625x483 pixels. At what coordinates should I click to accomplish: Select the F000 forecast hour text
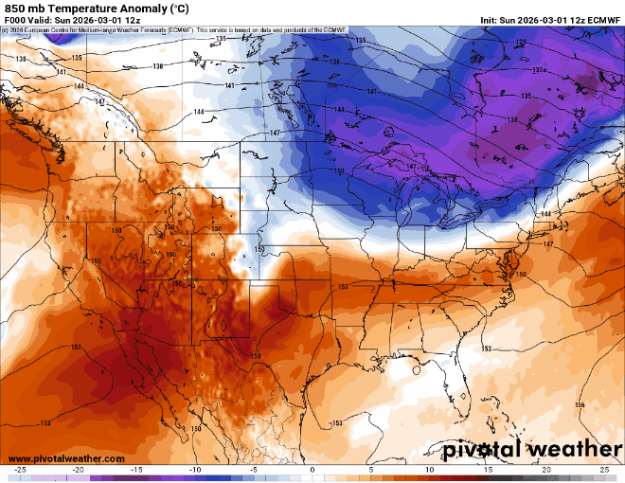click(16, 20)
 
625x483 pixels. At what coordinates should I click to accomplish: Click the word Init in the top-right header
click(490, 20)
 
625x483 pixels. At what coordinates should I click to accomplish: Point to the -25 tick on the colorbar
click(20, 470)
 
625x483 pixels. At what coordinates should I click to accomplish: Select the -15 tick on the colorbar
click(136, 470)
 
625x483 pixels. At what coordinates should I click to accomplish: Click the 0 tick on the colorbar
click(312, 470)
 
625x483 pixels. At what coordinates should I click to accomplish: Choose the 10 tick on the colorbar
click(430, 470)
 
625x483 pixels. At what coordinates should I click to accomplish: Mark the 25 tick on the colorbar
click(604, 470)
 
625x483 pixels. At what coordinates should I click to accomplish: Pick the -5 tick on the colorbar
click(254, 470)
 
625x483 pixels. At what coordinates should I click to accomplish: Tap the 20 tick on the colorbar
click(546, 470)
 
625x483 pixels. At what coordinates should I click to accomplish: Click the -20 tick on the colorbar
click(79, 470)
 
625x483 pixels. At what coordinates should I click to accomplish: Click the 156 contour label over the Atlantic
click(579, 404)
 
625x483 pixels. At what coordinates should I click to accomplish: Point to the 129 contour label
click(523, 43)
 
